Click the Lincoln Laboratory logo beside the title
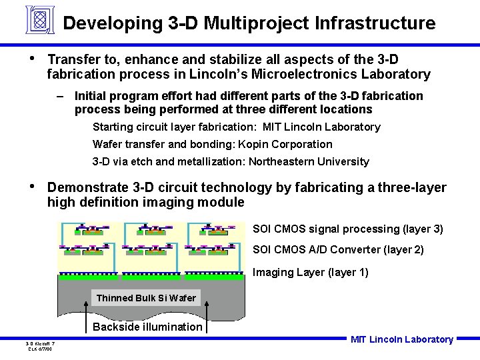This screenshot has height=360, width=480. pos(39,20)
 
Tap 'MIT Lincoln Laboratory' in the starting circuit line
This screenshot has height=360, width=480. pos(321,127)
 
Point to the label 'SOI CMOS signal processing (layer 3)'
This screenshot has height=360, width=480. pos(347,229)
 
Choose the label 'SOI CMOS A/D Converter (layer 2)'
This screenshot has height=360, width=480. pos(338,250)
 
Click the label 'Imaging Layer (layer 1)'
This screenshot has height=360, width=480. pos(310,272)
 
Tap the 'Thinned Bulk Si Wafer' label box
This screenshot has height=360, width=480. pos(146,298)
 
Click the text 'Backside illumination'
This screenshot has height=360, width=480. pos(147,327)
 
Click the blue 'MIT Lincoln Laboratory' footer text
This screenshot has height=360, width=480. pos(401,340)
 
